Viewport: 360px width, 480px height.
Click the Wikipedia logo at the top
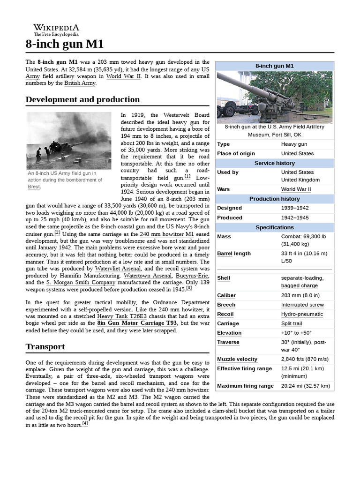tap(56, 30)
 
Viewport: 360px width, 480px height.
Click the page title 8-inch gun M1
tap(64, 45)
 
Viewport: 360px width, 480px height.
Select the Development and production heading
tap(82, 99)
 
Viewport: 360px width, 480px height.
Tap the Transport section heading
tap(45, 347)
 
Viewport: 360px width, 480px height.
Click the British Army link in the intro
tap(80, 83)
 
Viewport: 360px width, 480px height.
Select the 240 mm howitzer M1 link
tap(166, 233)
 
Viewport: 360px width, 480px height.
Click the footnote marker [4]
tap(85, 424)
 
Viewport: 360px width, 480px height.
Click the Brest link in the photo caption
tap(34, 187)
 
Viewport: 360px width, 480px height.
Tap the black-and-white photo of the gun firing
tap(68, 141)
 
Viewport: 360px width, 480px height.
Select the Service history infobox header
tap(275, 163)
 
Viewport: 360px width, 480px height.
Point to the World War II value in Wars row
tap(296, 189)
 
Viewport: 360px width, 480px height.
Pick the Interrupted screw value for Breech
tap(302, 305)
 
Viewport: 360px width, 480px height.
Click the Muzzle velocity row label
tap(237, 359)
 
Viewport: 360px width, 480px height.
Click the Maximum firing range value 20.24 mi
tap(305, 386)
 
